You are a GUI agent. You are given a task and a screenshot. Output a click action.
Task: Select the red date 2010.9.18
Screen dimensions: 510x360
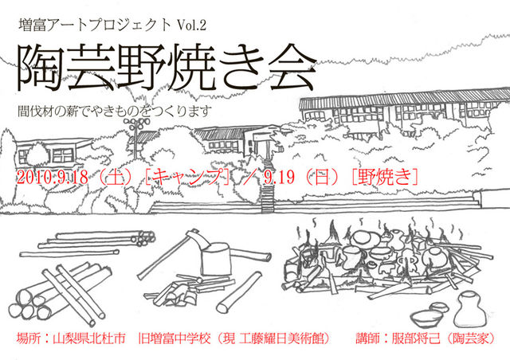(x=52, y=178)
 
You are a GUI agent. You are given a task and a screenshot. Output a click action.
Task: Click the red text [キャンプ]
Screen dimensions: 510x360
(x=188, y=178)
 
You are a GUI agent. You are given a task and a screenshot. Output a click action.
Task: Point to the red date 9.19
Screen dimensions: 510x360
(x=280, y=178)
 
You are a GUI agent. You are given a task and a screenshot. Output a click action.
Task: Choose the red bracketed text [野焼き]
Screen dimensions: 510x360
(x=385, y=178)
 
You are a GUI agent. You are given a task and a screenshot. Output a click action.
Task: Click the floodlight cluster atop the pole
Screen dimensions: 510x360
(x=136, y=123)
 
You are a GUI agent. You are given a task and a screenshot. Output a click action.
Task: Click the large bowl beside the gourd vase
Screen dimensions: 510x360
(x=426, y=318)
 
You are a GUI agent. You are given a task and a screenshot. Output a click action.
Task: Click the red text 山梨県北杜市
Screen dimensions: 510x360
(x=88, y=338)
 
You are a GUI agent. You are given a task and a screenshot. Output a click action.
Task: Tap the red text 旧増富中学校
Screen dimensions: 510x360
(x=175, y=338)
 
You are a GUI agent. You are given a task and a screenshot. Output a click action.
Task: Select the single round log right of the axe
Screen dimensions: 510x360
(x=239, y=291)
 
